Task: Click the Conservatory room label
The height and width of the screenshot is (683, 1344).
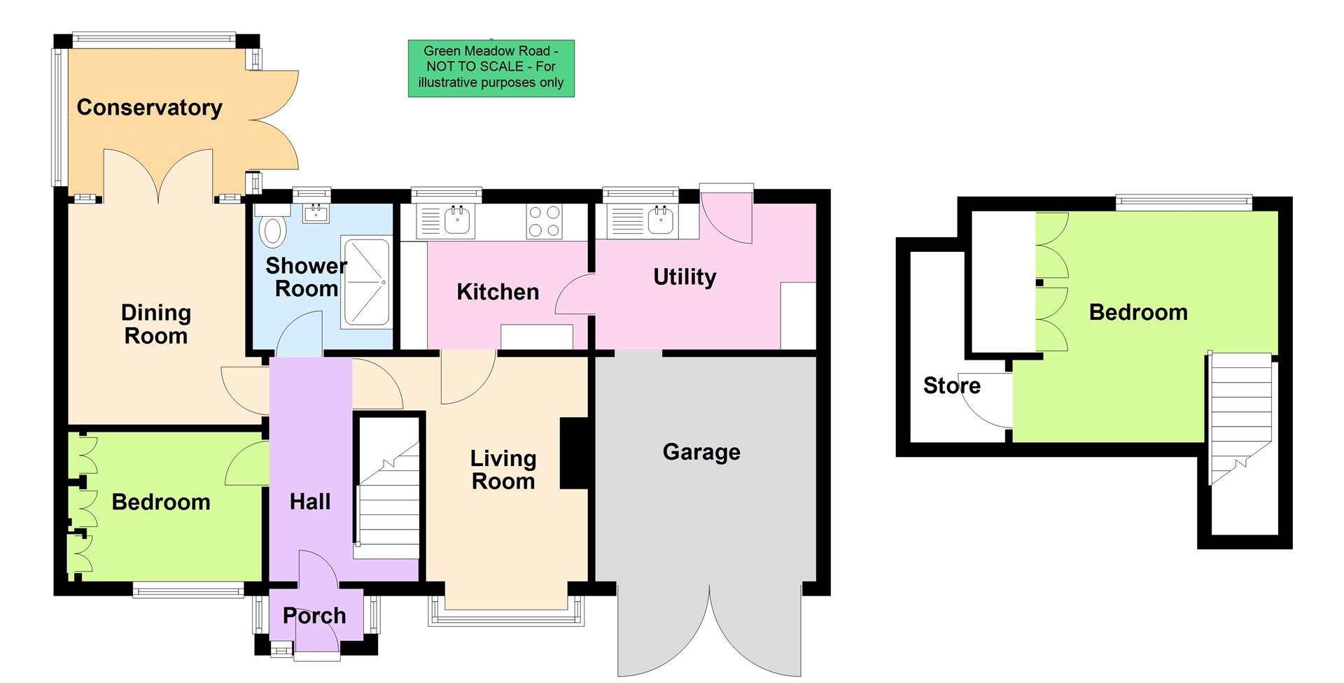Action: coord(149,107)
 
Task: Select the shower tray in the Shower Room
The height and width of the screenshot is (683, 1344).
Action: coord(365,282)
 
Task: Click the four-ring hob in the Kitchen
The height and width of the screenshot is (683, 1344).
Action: coord(544,221)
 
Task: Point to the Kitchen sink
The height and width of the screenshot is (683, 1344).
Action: coord(457,221)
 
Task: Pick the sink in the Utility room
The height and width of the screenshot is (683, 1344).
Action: coord(660,220)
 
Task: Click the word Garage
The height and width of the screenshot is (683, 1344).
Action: coord(701,452)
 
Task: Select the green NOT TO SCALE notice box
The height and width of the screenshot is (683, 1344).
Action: coord(491,68)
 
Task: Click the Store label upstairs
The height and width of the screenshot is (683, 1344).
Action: coord(951,386)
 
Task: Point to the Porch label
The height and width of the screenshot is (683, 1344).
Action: coord(314,616)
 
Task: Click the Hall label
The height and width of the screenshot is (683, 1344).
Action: coord(309,502)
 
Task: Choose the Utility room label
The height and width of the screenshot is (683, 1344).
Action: coord(684,277)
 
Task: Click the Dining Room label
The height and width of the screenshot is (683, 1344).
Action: coord(155,324)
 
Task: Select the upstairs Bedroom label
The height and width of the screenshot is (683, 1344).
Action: coord(1137,312)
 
